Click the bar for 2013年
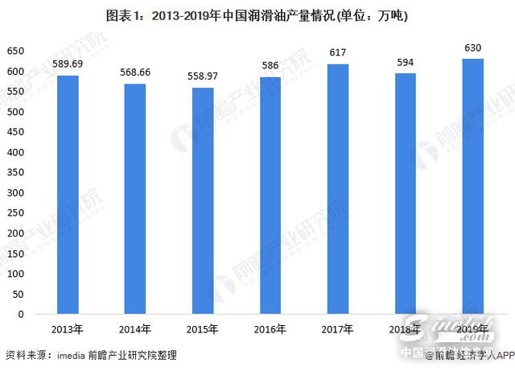tap(67, 194)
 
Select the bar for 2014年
tap(134, 198)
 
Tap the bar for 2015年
tap(202, 200)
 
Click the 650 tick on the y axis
tap(16, 52)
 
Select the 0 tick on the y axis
tap(23, 313)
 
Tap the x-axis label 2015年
tap(202, 330)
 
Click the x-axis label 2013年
tap(67, 330)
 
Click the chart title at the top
tap(257, 15)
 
